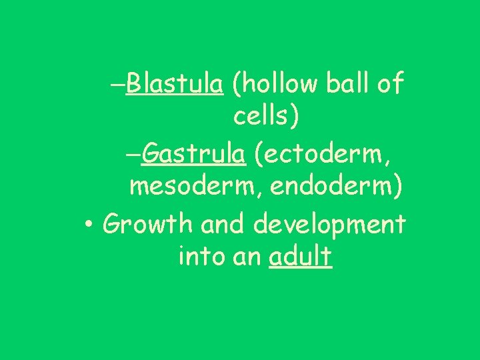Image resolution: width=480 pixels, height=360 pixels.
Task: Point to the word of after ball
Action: pyautogui.click(x=391, y=85)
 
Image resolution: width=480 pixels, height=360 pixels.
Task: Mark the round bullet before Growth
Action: pyautogui.click(x=89, y=225)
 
